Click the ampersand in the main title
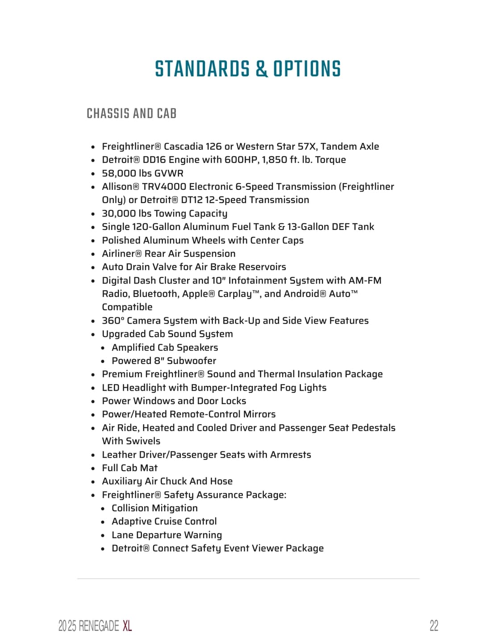(262, 69)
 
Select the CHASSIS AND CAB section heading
(132, 114)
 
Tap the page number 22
(434, 626)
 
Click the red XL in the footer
(127, 626)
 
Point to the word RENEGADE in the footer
(99, 626)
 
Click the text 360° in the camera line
(113, 321)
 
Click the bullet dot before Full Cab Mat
(93, 468)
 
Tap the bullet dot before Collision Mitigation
(103, 509)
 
